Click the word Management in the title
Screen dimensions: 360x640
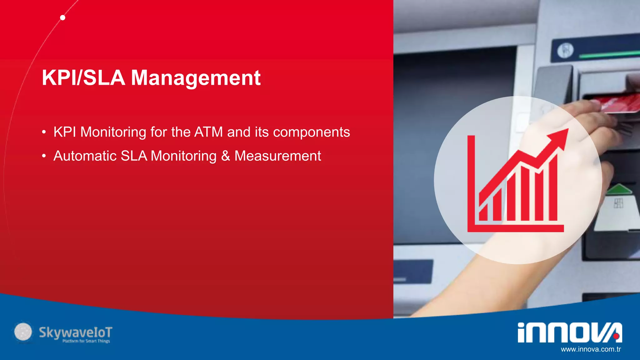coord(196,78)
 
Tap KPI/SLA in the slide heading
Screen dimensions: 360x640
coord(83,77)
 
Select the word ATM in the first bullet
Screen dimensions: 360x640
coord(208,132)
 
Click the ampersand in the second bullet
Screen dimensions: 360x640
coord(226,156)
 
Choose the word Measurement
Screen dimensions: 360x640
coord(277,156)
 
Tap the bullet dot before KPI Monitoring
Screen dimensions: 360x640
coord(44,132)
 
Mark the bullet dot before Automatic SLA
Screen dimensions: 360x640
coord(44,156)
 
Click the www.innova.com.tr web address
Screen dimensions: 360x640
coord(591,349)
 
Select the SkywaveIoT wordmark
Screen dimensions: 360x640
coord(75,332)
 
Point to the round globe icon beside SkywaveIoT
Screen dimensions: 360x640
coord(23,332)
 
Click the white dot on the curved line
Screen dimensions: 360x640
coord(63,18)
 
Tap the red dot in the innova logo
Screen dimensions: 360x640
coord(616,336)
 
